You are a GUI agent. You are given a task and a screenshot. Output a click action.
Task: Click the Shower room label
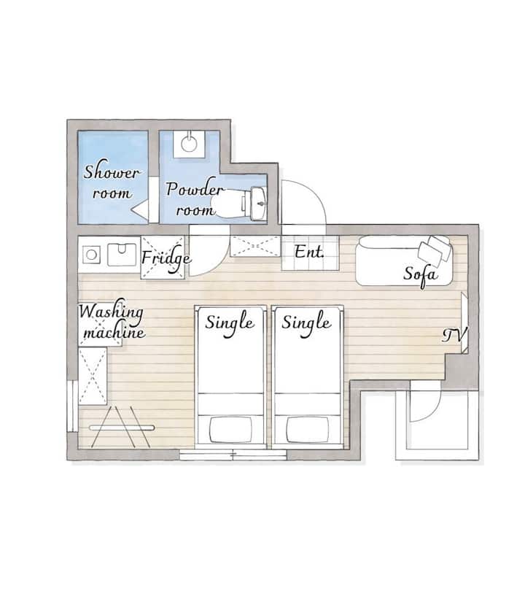click(112, 182)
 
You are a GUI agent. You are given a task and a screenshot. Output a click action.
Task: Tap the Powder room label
click(195, 198)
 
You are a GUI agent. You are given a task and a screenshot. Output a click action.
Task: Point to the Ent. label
click(309, 252)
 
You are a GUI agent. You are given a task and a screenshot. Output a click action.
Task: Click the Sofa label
click(421, 274)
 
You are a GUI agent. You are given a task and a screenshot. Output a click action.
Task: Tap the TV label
click(454, 336)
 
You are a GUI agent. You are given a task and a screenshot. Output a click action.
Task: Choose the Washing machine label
click(112, 321)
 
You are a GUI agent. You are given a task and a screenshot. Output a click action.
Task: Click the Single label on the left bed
click(230, 323)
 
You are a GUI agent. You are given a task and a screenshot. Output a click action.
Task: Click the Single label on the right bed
click(306, 323)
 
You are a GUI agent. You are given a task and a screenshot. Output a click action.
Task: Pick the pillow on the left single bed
click(230, 430)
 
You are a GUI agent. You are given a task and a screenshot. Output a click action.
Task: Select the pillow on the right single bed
click(307, 430)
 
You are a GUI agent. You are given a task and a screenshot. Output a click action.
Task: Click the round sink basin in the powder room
click(189, 143)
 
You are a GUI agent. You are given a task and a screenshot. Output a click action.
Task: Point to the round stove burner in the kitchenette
click(91, 255)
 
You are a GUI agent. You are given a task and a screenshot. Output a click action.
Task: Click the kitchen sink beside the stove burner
click(122, 255)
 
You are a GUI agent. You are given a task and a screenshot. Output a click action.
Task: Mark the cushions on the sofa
click(435, 250)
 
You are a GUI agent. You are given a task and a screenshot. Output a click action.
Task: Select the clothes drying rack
click(121, 427)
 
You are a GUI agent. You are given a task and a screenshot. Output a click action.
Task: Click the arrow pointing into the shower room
click(139, 209)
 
